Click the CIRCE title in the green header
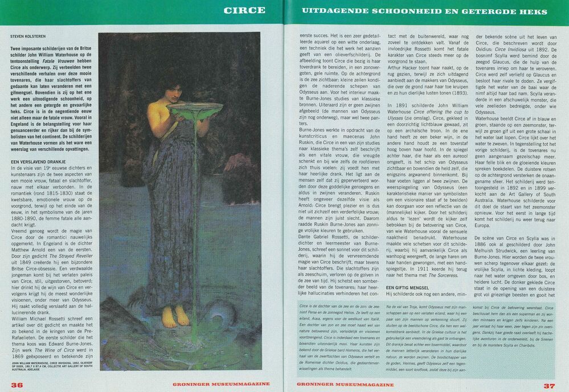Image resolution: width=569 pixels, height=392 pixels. pos(244,10)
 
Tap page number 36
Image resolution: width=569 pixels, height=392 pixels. pos(17,385)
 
